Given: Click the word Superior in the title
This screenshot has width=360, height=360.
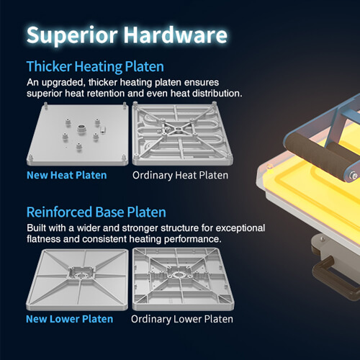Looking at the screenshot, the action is [72, 36].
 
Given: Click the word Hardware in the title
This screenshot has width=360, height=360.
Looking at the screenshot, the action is [176, 35].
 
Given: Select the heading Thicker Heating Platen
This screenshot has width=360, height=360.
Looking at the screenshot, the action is [95, 67].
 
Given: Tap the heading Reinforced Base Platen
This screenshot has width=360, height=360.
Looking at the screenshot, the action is [96, 212].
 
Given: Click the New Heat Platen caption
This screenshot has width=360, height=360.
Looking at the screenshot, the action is [67, 175].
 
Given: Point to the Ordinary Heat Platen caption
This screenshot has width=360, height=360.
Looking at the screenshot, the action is [180, 176].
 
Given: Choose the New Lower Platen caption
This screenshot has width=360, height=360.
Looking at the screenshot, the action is [69, 319].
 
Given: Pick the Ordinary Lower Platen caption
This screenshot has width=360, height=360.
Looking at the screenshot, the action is [182, 319].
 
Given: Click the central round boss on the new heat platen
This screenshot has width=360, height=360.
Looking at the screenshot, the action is [81, 129].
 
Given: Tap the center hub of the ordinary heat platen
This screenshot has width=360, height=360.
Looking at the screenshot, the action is [178, 130].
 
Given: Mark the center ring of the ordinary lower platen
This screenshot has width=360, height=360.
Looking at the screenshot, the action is [179, 274].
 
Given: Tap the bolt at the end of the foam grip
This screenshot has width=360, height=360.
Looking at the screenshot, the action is [354, 176].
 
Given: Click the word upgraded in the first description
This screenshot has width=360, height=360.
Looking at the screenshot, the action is [63, 83].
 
